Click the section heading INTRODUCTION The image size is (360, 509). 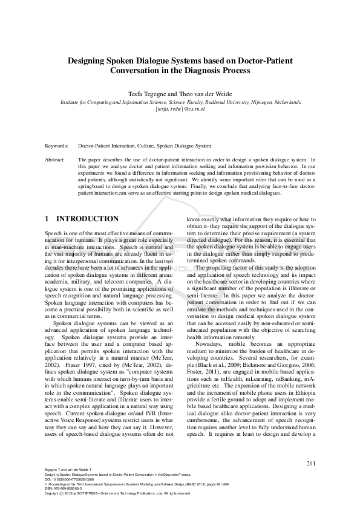point(87,218)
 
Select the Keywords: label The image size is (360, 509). point(57,146)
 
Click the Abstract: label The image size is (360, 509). point(56,160)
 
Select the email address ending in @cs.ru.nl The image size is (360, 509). point(180,111)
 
